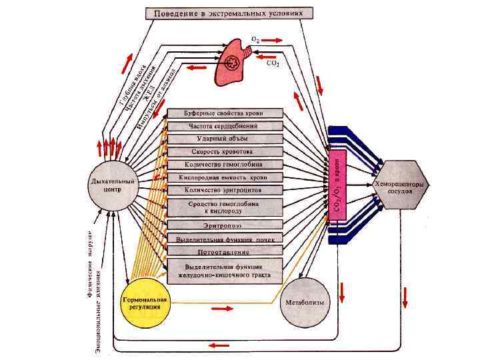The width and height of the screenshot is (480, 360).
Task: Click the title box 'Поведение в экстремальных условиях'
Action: point(224,13)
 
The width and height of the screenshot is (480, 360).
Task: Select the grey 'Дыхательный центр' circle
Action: point(113,185)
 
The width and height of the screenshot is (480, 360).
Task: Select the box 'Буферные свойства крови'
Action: point(225,113)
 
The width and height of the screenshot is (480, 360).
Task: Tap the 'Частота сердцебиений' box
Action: point(225,125)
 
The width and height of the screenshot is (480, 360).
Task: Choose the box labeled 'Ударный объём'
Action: point(225,139)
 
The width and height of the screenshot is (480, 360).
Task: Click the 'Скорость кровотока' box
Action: point(225,151)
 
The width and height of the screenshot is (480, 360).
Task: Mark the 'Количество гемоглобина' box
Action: point(225,164)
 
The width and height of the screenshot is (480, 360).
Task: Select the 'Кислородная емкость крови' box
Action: point(225,177)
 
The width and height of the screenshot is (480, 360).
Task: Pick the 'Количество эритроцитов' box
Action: point(225,190)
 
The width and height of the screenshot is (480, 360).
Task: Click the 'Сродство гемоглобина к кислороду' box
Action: point(225,206)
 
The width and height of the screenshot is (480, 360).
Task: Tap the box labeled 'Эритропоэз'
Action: point(225,225)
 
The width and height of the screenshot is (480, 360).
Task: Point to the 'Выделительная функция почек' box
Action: point(225,238)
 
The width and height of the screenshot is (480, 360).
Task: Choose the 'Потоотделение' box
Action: point(225,251)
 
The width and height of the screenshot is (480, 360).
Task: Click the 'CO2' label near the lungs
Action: point(273,64)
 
